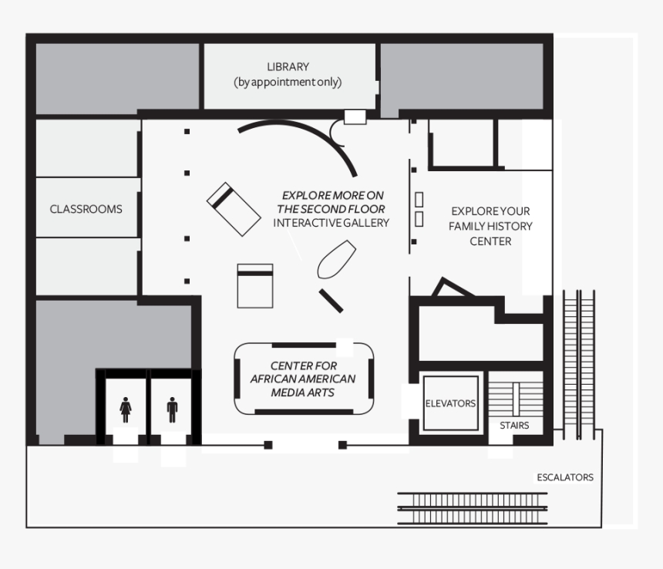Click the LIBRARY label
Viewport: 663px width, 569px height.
[x=288, y=67]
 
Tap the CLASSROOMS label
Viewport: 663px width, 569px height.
[x=86, y=209]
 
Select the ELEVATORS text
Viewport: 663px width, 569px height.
[x=450, y=403]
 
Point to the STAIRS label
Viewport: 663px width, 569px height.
[x=513, y=425]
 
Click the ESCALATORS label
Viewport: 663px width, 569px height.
[x=565, y=477]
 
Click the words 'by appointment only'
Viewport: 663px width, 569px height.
[x=288, y=82]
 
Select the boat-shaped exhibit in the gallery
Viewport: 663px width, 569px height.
[x=336, y=259]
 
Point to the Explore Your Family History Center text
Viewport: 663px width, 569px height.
[x=491, y=226]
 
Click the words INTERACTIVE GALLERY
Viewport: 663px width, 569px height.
[x=331, y=223]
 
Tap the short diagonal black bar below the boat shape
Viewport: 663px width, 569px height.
[x=331, y=300]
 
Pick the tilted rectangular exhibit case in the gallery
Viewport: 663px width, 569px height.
[x=234, y=208]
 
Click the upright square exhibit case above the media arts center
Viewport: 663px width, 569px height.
[x=254, y=285]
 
